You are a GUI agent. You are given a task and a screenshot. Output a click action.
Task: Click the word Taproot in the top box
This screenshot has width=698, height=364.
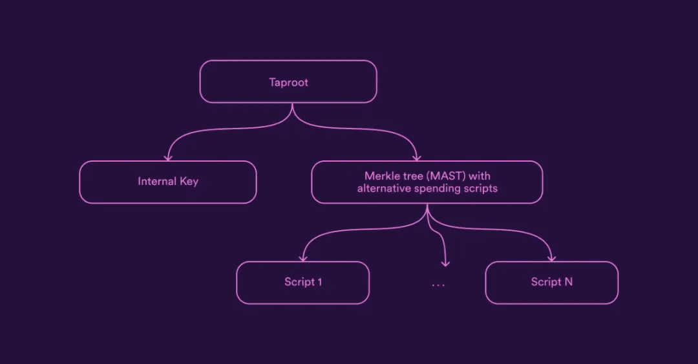point(288,83)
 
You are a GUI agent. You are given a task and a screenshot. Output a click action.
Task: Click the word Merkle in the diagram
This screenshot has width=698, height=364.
point(381,176)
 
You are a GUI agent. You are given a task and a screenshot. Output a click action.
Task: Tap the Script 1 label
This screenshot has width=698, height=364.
point(303,282)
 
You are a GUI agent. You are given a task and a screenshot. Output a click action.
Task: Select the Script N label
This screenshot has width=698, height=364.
point(551,282)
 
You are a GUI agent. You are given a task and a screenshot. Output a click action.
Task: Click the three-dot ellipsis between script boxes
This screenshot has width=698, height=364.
point(438,284)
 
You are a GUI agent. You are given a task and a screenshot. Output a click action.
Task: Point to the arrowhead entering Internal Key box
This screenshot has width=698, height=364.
point(168,157)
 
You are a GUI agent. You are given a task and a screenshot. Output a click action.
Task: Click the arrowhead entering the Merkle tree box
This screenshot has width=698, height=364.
point(417,157)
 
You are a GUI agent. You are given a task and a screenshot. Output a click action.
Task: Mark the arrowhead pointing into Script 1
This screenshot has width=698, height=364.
point(302,258)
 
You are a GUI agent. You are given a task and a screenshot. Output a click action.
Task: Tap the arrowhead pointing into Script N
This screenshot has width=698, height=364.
point(551,258)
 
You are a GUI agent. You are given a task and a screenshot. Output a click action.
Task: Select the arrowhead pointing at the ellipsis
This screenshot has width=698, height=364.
point(445,263)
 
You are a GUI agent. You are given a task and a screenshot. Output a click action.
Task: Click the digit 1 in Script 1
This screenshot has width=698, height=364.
point(320,282)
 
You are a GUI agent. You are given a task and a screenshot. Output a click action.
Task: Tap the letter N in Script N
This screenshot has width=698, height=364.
point(568,282)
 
